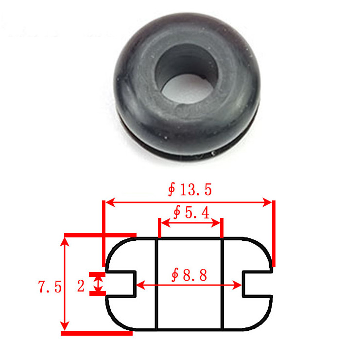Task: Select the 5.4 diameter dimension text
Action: click(191, 212)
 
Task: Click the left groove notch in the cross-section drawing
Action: click(121, 284)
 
